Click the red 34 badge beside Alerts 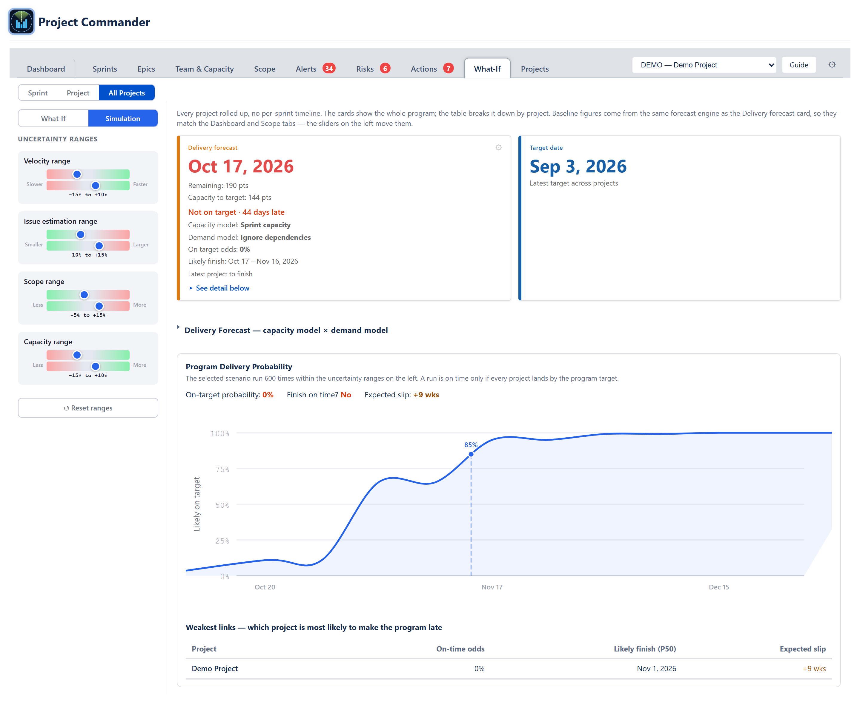click(329, 69)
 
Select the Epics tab click(146, 69)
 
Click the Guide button click(798, 65)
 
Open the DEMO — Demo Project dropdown click(704, 65)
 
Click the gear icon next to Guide click(832, 65)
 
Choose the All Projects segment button click(127, 93)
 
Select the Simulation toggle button click(122, 118)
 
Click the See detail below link click(222, 288)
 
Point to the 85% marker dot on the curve click(471, 454)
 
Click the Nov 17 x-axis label click(492, 587)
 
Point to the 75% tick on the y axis click(222, 469)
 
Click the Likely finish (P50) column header click(644, 649)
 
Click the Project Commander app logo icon click(21, 22)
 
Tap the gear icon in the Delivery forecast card click(498, 148)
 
